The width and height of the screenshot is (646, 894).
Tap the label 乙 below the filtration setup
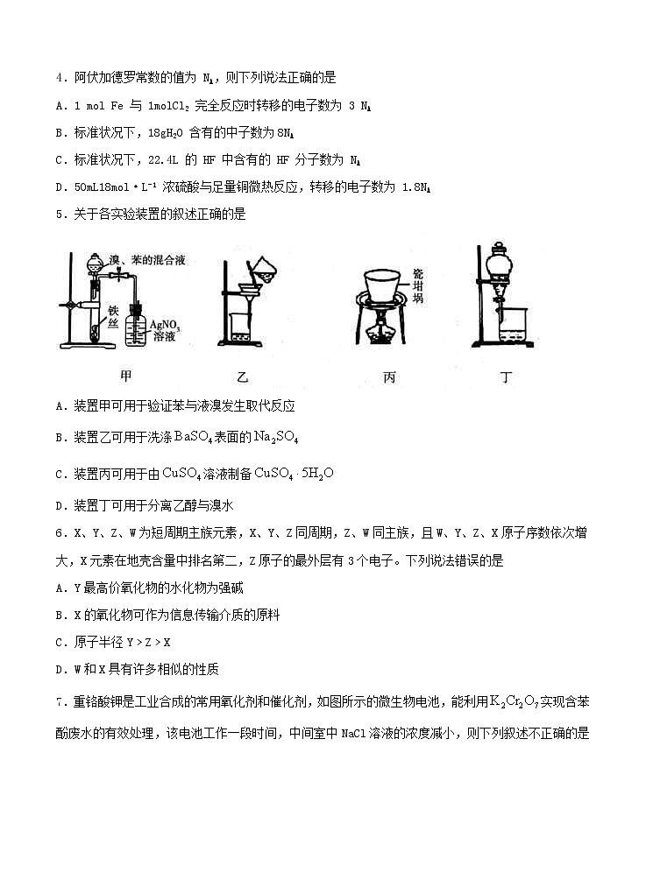[243, 377]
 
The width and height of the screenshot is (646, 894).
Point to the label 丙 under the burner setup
[389, 377]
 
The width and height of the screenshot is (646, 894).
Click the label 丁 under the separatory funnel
[506, 377]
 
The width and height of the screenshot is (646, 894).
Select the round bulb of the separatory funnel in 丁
[501, 262]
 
